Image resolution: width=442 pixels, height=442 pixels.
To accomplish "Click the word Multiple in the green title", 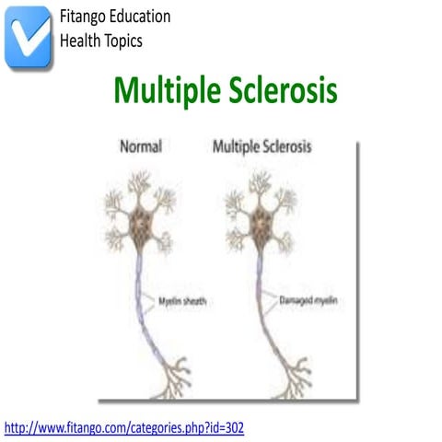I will click(169, 91).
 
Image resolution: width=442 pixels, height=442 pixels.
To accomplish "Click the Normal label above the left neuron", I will click(140, 146).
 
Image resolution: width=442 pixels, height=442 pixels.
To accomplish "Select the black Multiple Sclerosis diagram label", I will click(262, 146).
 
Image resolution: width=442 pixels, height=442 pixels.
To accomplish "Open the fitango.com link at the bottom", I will click(124, 427).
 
